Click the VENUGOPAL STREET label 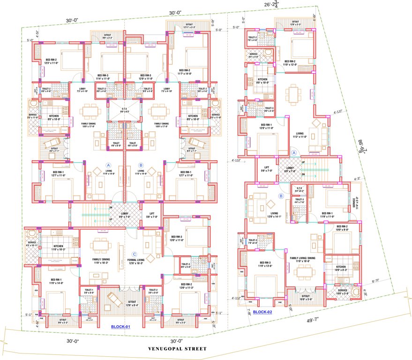[177, 349]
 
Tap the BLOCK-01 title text [120, 327]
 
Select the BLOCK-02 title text [262, 312]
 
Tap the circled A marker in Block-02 [294, 153]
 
